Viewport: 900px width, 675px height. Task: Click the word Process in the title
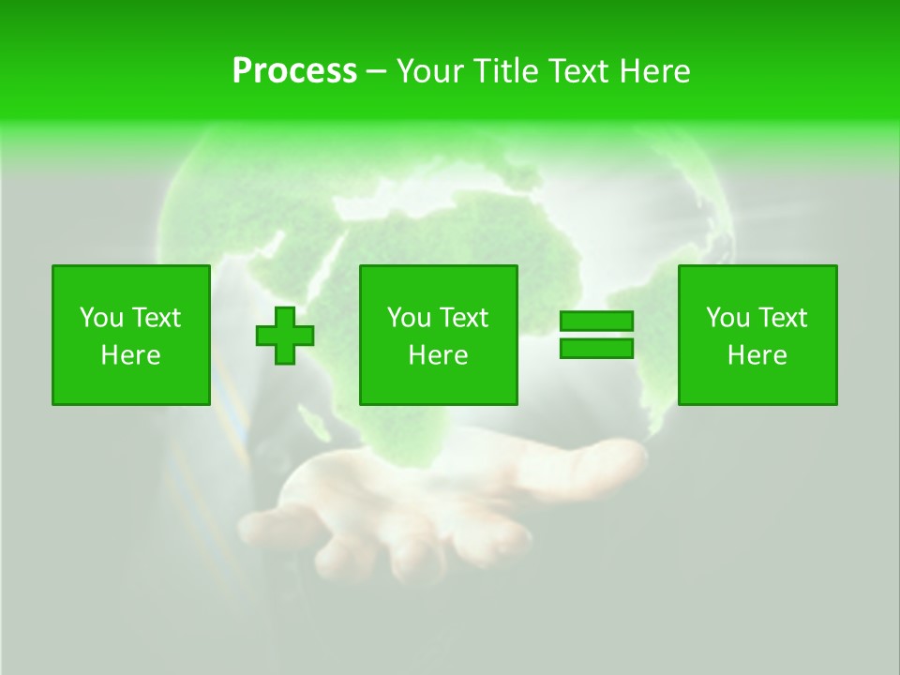(x=294, y=71)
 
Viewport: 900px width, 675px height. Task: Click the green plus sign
(x=285, y=335)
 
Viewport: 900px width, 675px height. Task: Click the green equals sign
(x=596, y=335)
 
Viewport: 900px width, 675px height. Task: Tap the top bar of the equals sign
(x=596, y=322)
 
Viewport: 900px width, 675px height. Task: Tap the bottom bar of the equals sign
(x=596, y=348)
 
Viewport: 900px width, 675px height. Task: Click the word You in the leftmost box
(x=101, y=318)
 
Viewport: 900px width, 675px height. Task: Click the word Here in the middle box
(x=438, y=355)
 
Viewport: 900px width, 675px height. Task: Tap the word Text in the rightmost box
(x=784, y=318)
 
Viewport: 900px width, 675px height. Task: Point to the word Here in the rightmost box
(x=757, y=355)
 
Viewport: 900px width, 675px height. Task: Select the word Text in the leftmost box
(x=157, y=318)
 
